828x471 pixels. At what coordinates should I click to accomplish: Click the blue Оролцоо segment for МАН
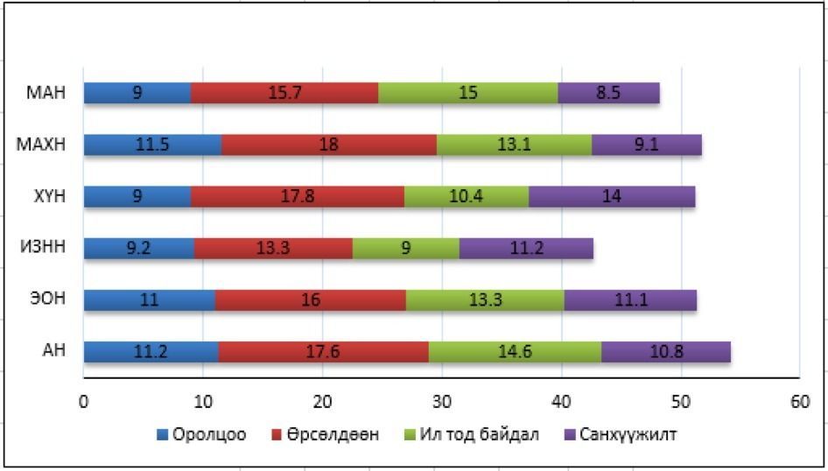click(x=137, y=93)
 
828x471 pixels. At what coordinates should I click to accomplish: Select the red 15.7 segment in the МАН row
click(x=284, y=93)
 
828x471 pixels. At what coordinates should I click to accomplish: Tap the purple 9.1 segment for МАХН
click(x=646, y=144)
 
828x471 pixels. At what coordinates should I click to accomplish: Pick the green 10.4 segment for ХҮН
click(x=467, y=196)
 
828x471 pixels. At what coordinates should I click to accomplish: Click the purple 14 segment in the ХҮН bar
click(x=612, y=196)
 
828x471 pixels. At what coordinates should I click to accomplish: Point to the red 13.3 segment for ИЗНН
click(x=273, y=249)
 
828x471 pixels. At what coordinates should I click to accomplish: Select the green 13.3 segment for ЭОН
click(x=485, y=300)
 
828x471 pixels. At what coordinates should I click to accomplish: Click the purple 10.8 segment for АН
click(x=665, y=352)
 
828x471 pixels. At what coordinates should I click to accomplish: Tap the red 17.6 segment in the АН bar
click(x=323, y=352)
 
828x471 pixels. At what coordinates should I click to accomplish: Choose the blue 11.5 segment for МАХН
click(x=152, y=144)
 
